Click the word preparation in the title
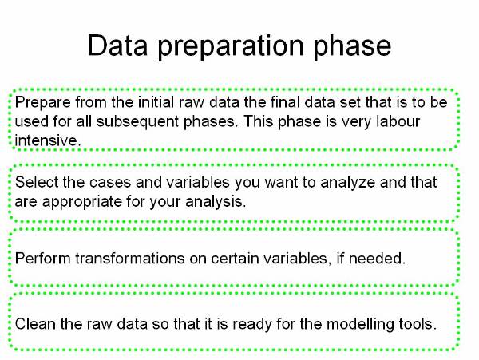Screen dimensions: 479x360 pyautogui.click(x=231, y=47)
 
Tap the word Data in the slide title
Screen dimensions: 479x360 pyautogui.click(x=117, y=45)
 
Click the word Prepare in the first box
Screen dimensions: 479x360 pyautogui.click(x=43, y=103)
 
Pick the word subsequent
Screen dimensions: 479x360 pyautogui.click(x=138, y=122)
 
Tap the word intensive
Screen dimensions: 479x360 pyautogui.click(x=48, y=140)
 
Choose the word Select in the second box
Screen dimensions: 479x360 pyautogui.click(x=37, y=182)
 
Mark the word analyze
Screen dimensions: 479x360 pyautogui.click(x=347, y=183)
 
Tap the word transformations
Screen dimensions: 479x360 pyautogui.click(x=130, y=259)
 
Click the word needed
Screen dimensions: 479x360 pyautogui.click(x=377, y=259)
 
